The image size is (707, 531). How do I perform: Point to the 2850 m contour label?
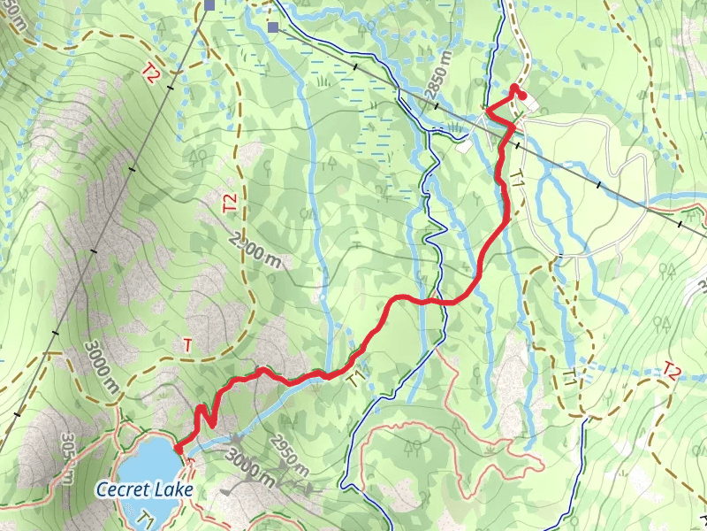438,70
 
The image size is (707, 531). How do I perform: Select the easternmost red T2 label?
674,370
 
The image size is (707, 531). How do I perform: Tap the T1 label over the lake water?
147,516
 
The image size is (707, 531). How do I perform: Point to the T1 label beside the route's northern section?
518,176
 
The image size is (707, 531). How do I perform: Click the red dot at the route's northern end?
521,96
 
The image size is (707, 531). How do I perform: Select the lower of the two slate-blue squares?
273,27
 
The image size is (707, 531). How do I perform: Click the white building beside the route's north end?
530,105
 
